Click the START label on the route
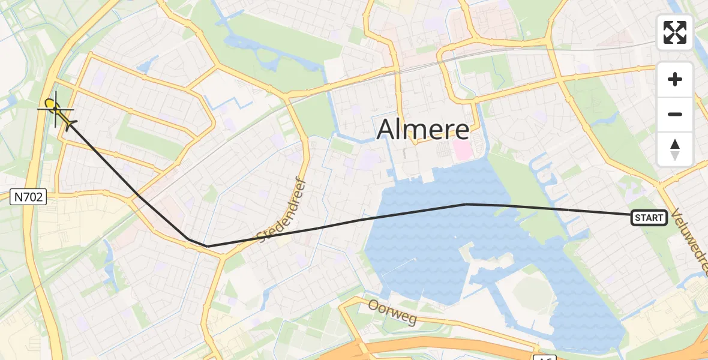point(649,218)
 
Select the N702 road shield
point(28,196)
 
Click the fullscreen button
point(675,32)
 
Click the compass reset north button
point(675,149)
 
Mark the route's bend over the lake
point(466,204)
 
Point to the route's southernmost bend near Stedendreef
point(207,246)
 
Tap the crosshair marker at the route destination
point(56,109)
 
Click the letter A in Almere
point(389,130)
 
